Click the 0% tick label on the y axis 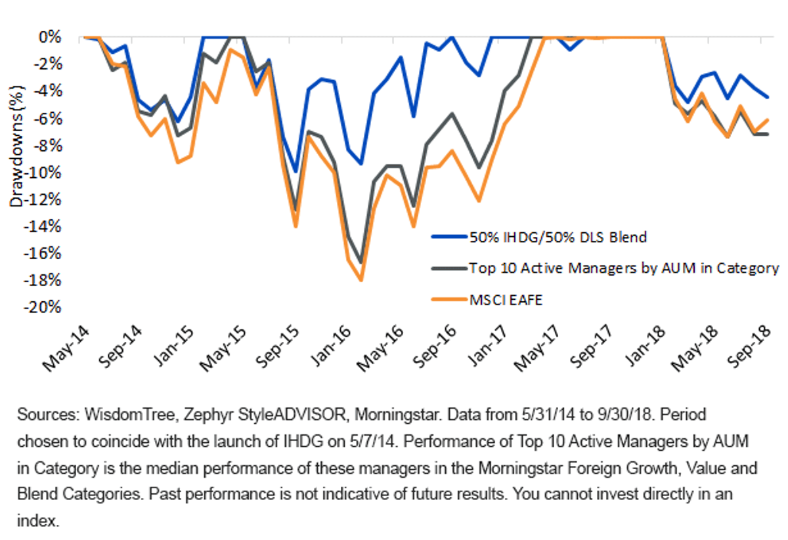pyautogui.click(x=50, y=37)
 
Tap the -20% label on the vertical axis pyautogui.click(x=42, y=308)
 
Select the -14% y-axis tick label pyautogui.click(x=42, y=227)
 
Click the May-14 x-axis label pyautogui.click(x=66, y=349)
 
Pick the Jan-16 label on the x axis pyautogui.click(x=330, y=346)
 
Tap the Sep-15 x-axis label pyautogui.click(x=277, y=346)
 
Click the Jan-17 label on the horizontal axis pyautogui.click(x=487, y=346)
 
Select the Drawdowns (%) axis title pyautogui.click(x=16, y=146)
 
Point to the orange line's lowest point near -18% pyautogui.click(x=361, y=280)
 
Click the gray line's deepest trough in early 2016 pyautogui.click(x=361, y=262)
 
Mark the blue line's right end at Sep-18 pyautogui.click(x=767, y=97)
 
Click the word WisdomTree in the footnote pyautogui.click(x=130, y=415)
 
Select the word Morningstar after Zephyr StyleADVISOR pyautogui.click(x=397, y=415)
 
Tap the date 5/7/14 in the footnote pyautogui.click(x=374, y=442)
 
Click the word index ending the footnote pyautogui.click(x=38, y=521)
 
